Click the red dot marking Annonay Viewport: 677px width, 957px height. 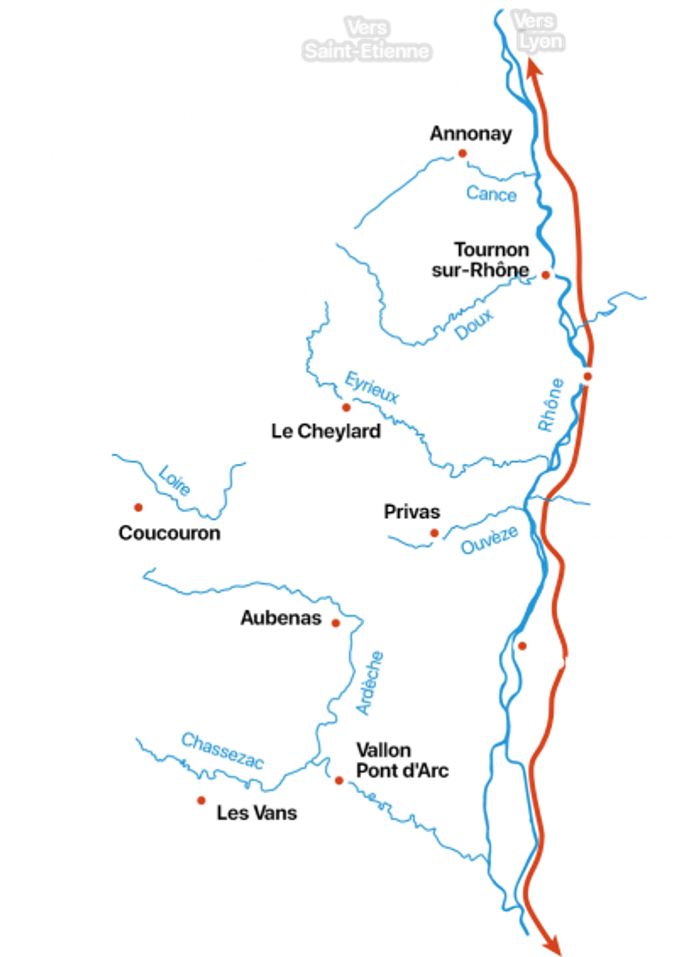(462, 153)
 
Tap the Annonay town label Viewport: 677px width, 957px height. (471, 134)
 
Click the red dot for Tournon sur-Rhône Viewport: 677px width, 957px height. (545, 275)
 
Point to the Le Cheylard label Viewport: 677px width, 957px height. (326, 431)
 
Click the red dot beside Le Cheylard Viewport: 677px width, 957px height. (346, 407)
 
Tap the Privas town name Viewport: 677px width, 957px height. (412, 512)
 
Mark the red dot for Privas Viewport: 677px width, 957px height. (434, 533)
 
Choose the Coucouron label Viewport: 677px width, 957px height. (169, 533)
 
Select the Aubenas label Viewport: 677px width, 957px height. (281, 618)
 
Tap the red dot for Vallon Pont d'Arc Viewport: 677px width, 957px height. (339, 780)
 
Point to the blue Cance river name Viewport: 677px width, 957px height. (491, 194)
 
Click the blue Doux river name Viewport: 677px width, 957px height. (474, 324)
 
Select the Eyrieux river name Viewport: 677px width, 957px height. (372, 388)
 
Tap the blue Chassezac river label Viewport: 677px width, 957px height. (222, 751)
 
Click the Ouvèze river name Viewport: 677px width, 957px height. (490, 540)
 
